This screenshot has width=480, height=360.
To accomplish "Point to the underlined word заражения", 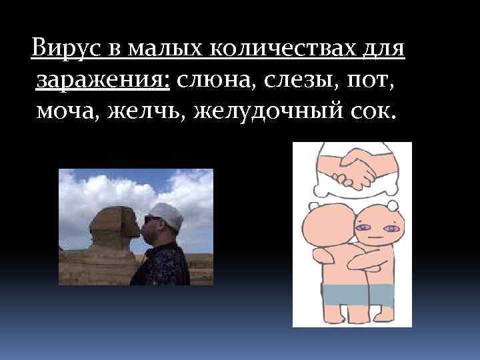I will click(103, 81).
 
